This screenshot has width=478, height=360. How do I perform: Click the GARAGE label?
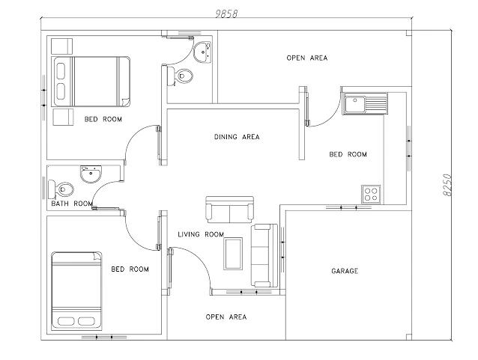[x=345, y=271]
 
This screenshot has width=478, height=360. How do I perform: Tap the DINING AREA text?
[x=236, y=137]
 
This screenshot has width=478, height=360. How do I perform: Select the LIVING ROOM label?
[x=201, y=235]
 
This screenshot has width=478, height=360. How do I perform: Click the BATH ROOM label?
[x=72, y=204]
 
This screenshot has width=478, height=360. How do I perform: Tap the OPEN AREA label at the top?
[x=307, y=58]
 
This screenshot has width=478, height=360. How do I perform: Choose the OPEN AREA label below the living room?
[x=226, y=317]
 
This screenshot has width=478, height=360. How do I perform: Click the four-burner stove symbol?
[x=371, y=194]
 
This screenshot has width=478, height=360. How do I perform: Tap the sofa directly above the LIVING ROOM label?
[x=230, y=210]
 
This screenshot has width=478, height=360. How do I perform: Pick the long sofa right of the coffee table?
[x=264, y=254]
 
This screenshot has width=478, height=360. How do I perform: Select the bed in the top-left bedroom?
[x=88, y=81]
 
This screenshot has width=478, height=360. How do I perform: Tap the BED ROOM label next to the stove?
[x=348, y=155]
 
